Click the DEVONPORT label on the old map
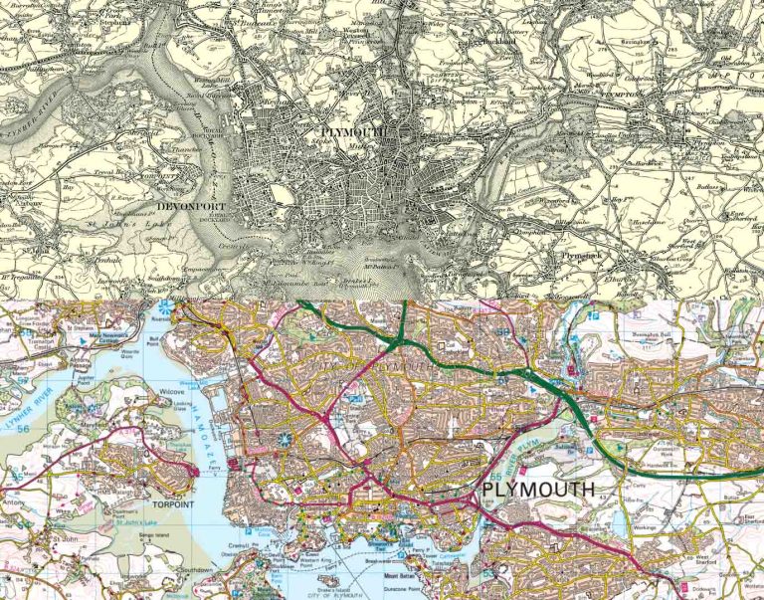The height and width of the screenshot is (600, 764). click(193, 207)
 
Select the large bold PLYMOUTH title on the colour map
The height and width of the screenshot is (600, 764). click(538, 490)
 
